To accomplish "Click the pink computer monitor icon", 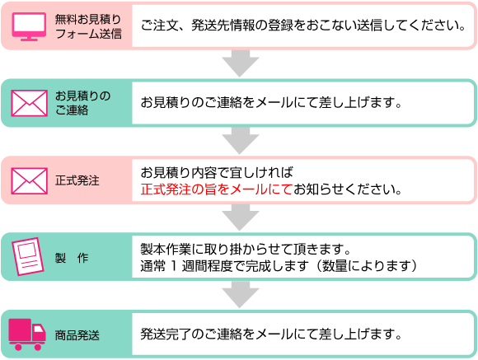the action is tap(29, 26).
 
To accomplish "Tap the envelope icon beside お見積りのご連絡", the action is tap(30, 103).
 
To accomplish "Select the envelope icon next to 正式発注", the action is tap(30, 180).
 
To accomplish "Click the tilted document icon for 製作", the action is tap(28, 257).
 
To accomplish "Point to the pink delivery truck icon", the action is tap(27, 334).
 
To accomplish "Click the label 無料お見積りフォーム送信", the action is tap(88, 26).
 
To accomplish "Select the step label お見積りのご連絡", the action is tap(82, 103).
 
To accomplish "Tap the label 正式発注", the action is tap(77, 180).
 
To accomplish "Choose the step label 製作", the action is tap(72, 258).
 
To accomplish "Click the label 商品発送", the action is tap(77, 335).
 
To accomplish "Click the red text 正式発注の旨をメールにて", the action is tap(217, 189).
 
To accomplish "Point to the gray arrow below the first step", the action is tap(240, 63).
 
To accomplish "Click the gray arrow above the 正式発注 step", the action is tap(240, 141).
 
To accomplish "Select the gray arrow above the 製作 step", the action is tap(240, 217).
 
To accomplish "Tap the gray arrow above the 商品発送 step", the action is tap(240, 294).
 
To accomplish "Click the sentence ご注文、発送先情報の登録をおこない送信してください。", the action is tap(303, 26).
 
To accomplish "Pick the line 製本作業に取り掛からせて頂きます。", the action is tap(246, 249).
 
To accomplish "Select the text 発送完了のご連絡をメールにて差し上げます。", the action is tap(271, 334).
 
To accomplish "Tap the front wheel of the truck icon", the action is tap(37, 347).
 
